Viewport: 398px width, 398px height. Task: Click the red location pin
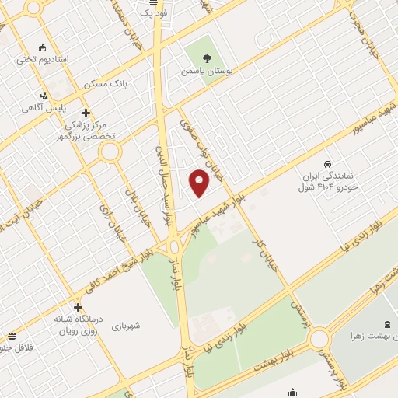[x=200, y=182]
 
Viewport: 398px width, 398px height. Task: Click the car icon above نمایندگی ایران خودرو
[x=330, y=165]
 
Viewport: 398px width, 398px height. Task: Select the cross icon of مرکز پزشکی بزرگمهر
[x=86, y=112]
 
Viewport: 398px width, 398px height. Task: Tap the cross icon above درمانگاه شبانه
[x=78, y=306]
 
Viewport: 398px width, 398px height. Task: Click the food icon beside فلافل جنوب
[x=12, y=337]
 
